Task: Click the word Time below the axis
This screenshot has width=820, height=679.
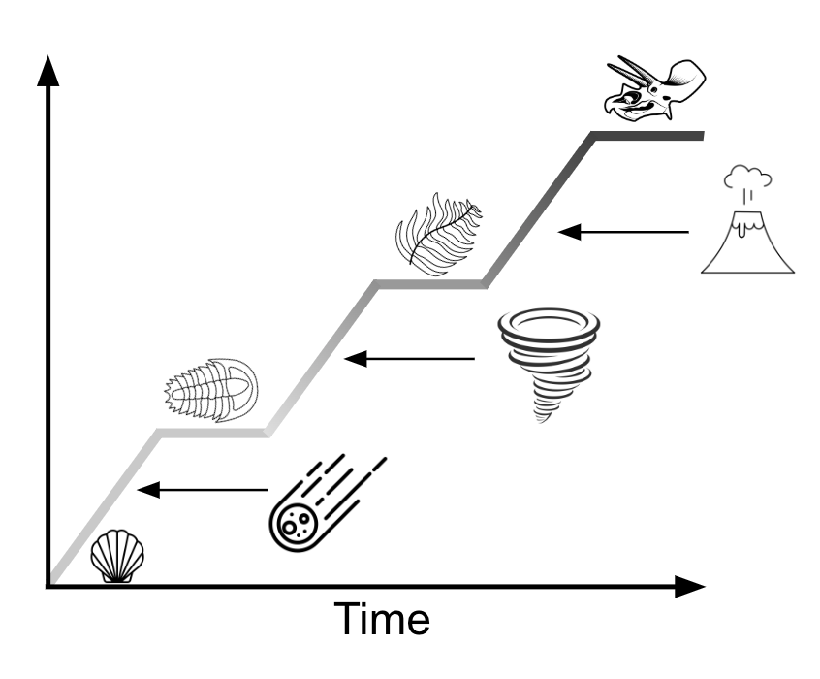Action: tap(382, 619)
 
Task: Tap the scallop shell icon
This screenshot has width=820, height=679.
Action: tap(117, 556)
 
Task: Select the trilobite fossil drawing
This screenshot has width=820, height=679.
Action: tap(212, 390)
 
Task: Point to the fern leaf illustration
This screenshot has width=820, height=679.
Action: tap(438, 234)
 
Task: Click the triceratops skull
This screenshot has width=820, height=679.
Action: tap(655, 88)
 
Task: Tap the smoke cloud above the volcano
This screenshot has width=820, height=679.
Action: tap(748, 177)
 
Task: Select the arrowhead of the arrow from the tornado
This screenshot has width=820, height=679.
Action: tap(356, 359)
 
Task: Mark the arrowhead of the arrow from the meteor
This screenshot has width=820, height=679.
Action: tap(148, 490)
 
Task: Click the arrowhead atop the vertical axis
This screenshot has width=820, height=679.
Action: tap(48, 71)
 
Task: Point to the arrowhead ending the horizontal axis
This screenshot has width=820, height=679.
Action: tap(690, 586)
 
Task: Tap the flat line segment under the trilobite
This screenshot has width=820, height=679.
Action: tap(213, 433)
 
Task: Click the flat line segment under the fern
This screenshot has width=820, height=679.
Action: tap(430, 284)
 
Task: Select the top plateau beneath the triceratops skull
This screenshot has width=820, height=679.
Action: tap(647, 136)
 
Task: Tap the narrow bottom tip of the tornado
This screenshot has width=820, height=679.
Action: tap(541, 418)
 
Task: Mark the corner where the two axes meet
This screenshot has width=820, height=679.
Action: tap(48, 586)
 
